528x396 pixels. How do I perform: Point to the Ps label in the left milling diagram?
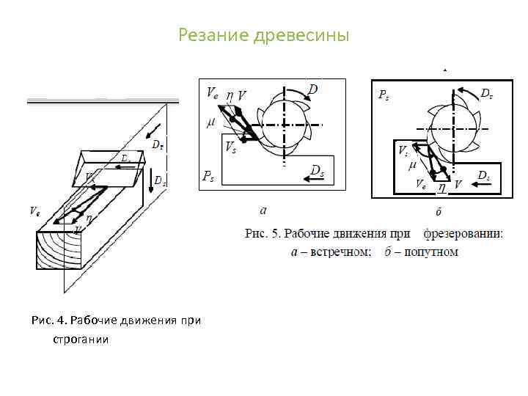click(x=208, y=176)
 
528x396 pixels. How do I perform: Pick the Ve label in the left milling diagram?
click(x=211, y=93)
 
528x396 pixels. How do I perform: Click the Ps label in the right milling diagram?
click(x=383, y=95)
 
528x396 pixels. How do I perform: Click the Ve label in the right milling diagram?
click(x=421, y=185)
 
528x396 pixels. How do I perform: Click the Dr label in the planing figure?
click(x=158, y=145)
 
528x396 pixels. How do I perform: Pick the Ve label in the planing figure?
click(x=34, y=211)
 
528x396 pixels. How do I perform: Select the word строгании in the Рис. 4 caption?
click(x=80, y=340)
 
